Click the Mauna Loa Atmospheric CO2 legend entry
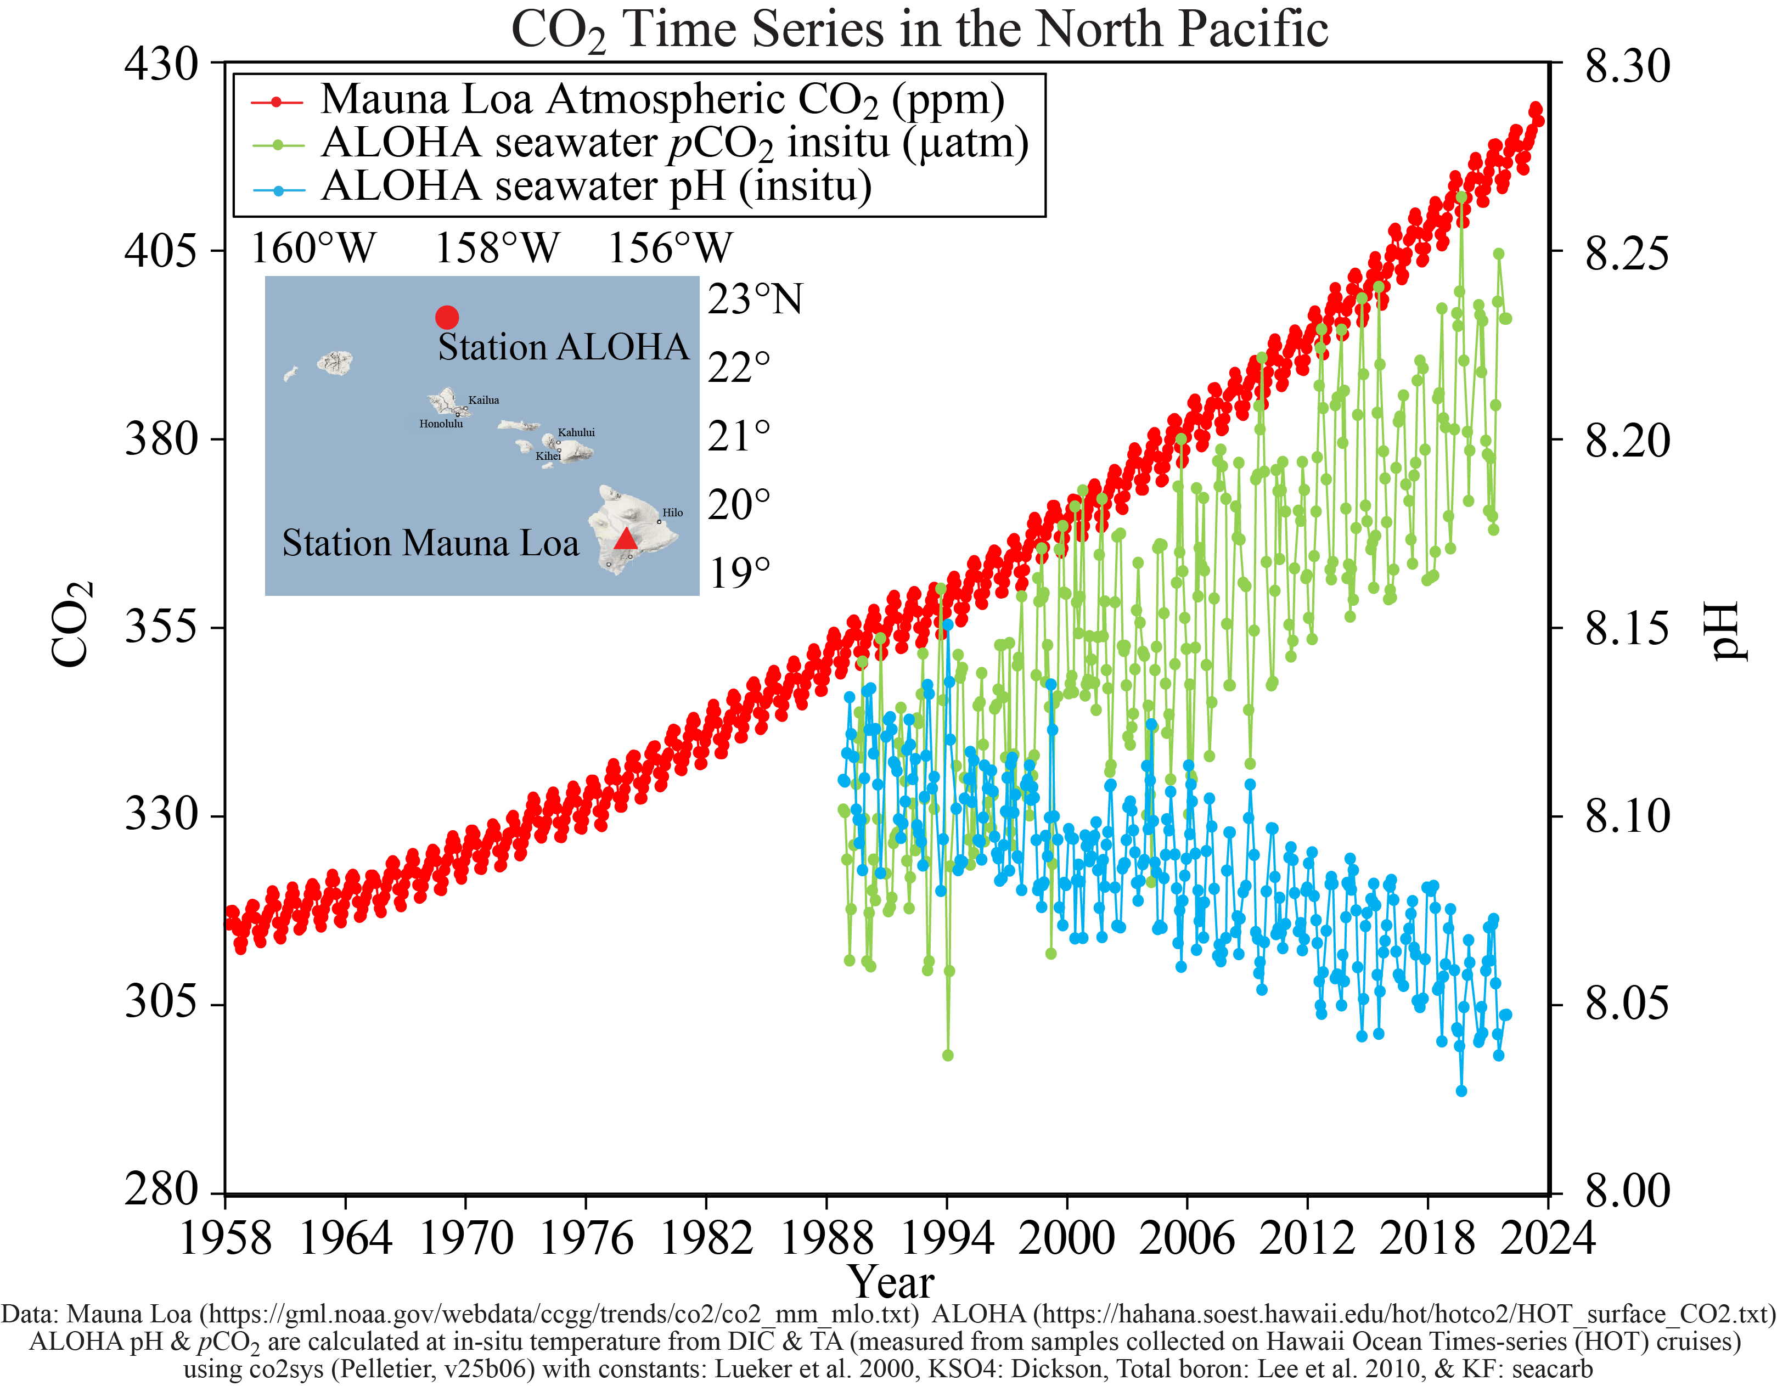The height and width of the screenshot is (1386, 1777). [662, 100]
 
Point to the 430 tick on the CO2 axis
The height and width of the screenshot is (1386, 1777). [161, 64]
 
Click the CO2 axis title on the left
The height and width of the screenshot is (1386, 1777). [71, 624]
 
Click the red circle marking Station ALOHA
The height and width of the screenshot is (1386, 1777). [447, 317]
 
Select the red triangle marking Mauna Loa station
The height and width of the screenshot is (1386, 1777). [625, 538]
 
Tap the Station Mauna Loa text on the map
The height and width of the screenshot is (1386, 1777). [430, 543]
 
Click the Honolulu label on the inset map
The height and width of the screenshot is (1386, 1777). [441, 424]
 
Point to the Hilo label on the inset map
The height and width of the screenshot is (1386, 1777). [673, 512]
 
